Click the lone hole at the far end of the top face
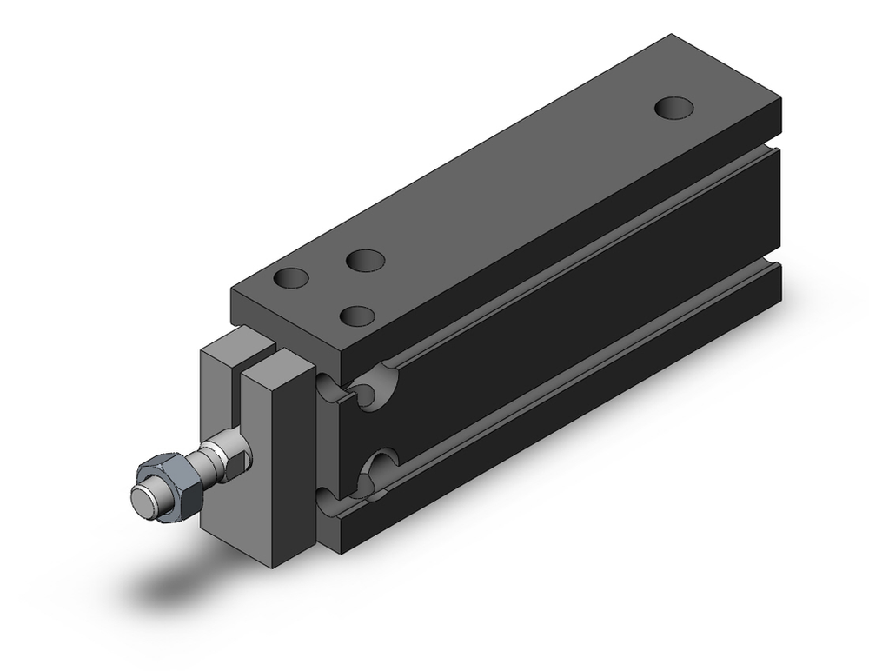tap(674, 109)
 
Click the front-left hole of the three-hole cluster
tap(291, 279)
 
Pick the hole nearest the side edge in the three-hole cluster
tap(358, 316)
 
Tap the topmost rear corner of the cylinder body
tap(671, 36)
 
